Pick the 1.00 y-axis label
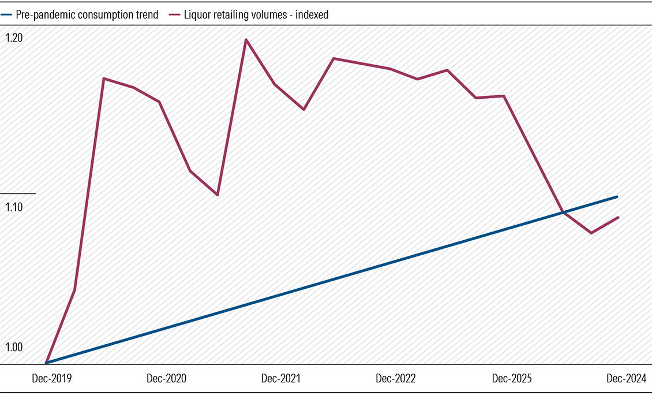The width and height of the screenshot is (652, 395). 14,348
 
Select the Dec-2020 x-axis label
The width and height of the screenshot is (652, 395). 166,379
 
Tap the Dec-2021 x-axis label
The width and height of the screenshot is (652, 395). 281,379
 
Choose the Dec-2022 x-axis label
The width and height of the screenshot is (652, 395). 395,379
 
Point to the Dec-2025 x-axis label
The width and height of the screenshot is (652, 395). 511,379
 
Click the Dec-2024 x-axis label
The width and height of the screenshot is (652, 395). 625,379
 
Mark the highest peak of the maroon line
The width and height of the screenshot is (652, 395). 246,40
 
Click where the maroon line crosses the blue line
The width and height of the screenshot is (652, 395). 563,213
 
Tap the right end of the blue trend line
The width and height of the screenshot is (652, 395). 617,197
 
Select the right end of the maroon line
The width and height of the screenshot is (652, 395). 619,217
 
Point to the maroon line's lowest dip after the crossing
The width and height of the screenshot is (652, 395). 591,233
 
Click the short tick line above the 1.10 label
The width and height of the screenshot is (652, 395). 18,193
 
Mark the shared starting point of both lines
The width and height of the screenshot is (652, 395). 46,363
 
